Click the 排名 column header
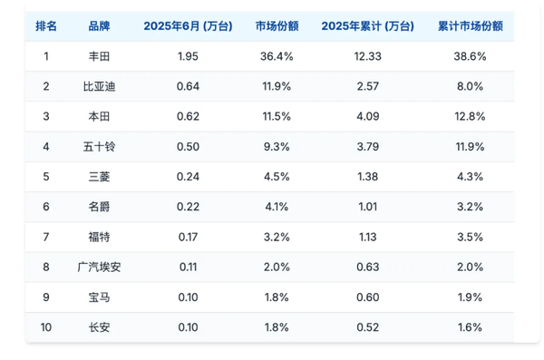[46, 25]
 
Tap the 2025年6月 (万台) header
[188, 25]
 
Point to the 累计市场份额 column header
[469, 25]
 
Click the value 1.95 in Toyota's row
[188, 56]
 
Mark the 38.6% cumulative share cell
[469, 56]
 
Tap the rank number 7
[46, 237]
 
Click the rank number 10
[46, 326]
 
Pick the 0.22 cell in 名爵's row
[188, 207]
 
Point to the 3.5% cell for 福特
[469, 237]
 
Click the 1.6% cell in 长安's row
[469, 326]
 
